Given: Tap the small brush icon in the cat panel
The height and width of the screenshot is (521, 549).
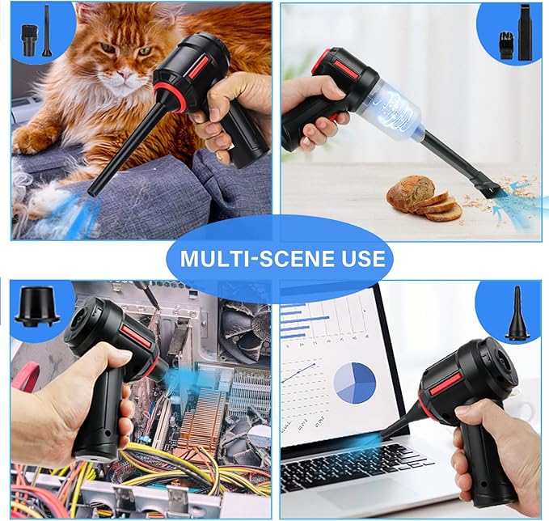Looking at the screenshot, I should tap(27, 39).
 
